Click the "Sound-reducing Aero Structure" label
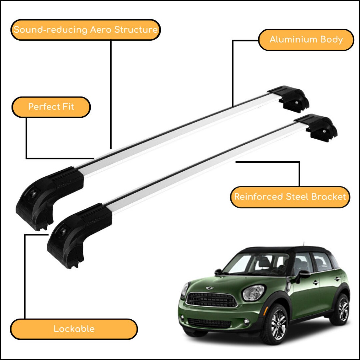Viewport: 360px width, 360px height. coord(86,30)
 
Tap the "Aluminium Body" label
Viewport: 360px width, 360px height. coord(306,40)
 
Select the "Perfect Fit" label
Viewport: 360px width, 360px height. coord(51,107)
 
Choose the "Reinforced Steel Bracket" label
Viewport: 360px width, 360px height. coord(290,197)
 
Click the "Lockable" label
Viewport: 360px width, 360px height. coord(74,329)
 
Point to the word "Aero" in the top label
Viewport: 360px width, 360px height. coord(101,30)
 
